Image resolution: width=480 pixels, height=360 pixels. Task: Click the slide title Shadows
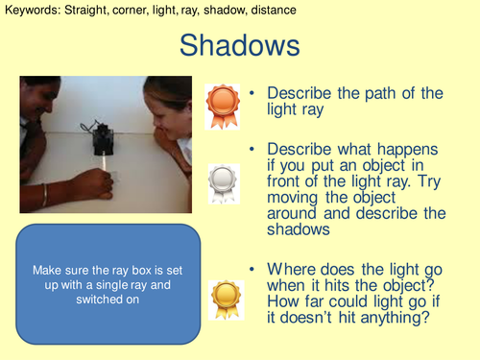click(x=240, y=46)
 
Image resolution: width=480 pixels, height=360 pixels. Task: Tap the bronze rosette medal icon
click(x=222, y=101)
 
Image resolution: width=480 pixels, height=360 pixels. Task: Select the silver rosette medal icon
click(x=222, y=179)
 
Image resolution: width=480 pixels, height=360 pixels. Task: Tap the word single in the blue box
click(x=120, y=285)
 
